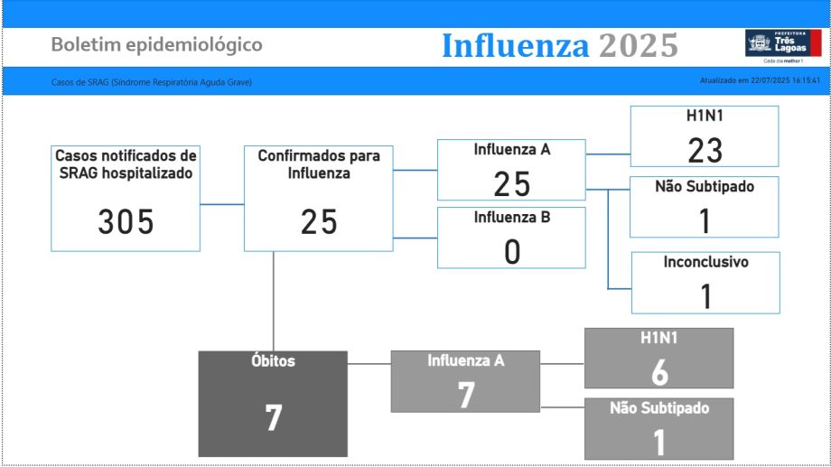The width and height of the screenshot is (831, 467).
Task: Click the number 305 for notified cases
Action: click(126, 221)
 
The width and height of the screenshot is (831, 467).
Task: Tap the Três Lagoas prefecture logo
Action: click(783, 45)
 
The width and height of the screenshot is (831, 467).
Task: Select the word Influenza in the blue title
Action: click(515, 45)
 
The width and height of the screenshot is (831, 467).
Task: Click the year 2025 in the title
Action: click(639, 45)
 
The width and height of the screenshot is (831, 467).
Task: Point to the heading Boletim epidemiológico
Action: click(157, 45)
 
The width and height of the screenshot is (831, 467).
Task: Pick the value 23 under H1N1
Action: click(705, 151)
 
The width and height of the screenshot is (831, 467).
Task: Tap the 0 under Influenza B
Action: click(512, 252)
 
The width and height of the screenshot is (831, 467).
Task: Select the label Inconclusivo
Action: click(706, 262)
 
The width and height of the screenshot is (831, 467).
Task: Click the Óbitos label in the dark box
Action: click(273, 360)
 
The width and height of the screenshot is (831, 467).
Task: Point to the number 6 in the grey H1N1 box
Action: click(659, 372)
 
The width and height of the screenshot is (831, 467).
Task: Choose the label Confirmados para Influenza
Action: click(319, 164)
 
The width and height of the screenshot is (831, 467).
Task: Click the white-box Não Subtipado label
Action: click(705, 186)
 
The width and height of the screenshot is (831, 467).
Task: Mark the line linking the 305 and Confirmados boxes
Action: click(222, 204)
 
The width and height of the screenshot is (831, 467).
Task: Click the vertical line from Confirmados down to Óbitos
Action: click(274, 301)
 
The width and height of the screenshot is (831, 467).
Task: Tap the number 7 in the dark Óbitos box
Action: click(273, 417)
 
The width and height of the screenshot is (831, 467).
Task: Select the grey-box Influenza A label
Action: click(466, 360)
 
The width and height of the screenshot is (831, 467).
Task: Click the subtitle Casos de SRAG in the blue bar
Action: click(151, 82)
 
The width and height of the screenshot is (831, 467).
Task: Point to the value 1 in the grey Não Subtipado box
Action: click(658, 443)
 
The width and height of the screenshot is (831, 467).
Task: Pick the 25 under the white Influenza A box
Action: click(512, 184)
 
